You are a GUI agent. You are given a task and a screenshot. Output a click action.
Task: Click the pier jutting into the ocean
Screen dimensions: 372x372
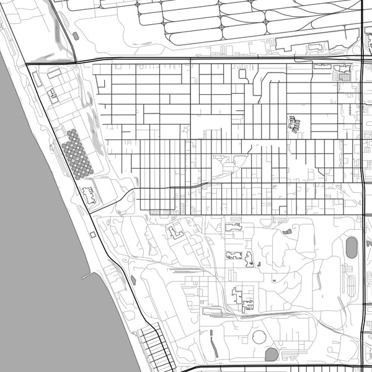point(89,274)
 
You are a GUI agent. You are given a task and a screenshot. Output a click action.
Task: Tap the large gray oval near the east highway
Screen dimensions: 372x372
point(352,247)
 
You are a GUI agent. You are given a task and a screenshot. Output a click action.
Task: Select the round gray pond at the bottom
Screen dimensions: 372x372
point(272,354)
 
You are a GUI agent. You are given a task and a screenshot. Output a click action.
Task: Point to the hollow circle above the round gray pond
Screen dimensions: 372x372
point(259,337)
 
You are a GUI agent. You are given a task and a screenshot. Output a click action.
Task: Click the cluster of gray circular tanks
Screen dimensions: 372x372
point(76,154)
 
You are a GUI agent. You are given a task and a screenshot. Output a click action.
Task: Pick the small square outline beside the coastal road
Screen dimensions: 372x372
point(92,234)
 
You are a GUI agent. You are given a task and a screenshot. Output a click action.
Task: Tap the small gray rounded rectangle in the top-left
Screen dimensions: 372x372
point(76,36)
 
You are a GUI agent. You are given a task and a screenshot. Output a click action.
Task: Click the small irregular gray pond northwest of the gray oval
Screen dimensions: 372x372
point(287,231)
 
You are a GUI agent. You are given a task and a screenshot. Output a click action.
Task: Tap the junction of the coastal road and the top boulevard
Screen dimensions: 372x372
point(27,64)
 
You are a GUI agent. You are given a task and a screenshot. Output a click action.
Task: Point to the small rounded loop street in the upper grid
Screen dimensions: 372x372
point(242,74)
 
